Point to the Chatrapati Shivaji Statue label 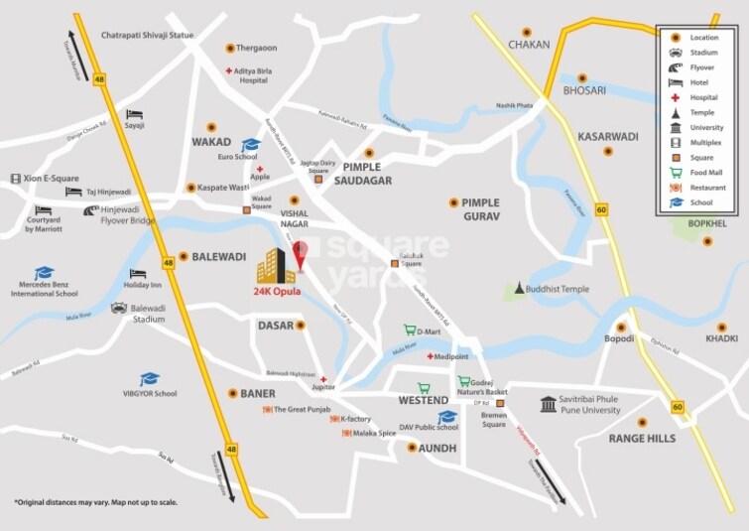pos(148,35)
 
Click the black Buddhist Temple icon pos(518,288)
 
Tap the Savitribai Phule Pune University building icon pos(549,404)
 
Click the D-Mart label pos(428,331)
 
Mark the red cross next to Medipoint pos(429,356)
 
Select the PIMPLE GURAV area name pos(479,208)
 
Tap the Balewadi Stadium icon pos(119,309)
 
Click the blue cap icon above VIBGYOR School pos(149,378)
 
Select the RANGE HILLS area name pos(642,438)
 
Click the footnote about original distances pos(95,502)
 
